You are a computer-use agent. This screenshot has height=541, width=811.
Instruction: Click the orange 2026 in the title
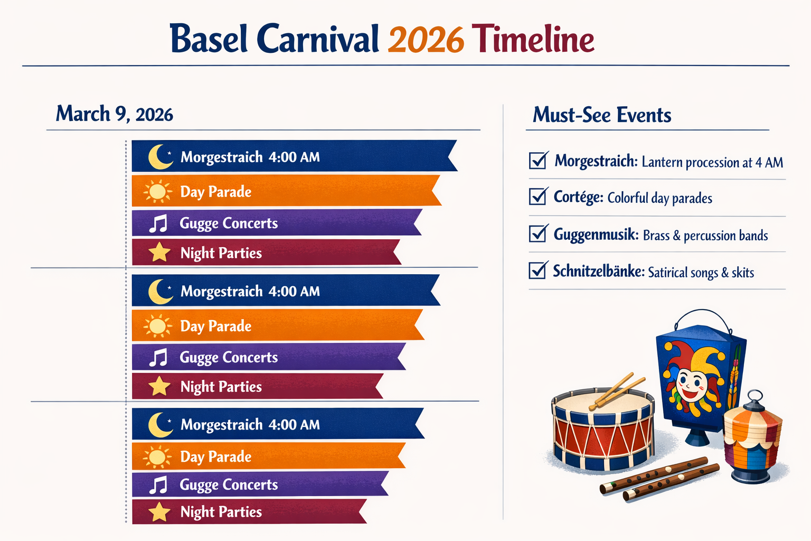[426, 40]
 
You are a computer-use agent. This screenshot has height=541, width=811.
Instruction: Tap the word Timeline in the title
[532, 39]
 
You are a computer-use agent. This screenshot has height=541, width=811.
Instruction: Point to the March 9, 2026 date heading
[115, 114]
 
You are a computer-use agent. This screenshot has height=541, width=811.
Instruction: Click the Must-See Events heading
[602, 115]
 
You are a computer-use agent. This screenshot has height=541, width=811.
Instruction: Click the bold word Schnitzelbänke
[598, 271]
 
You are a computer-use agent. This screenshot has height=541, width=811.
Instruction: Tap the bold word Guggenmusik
[596, 235]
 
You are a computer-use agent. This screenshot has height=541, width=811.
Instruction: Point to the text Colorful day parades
[659, 198]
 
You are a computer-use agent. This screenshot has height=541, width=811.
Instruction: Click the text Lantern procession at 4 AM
[712, 162]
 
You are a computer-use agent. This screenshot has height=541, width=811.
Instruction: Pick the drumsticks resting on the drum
[617, 391]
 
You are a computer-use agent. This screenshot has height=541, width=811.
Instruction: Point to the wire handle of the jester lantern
[702, 311]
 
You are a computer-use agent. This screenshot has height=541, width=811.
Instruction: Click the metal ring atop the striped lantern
[755, 396]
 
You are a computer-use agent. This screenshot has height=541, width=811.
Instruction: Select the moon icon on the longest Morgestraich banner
[159, 156]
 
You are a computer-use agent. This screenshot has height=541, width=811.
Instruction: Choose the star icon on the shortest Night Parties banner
[159, 512]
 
